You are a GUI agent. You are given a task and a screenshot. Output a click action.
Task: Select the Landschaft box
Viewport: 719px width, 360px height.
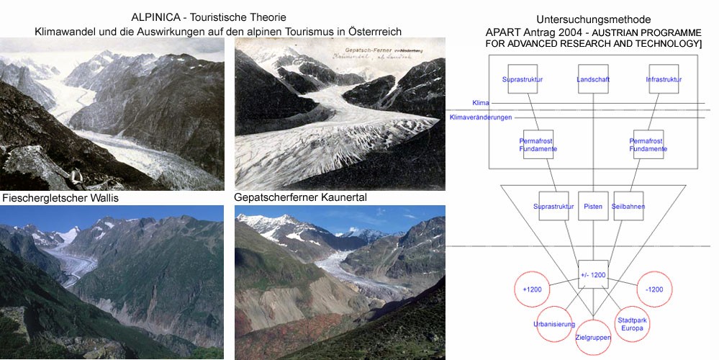pyautogui.click(x=593, y=80)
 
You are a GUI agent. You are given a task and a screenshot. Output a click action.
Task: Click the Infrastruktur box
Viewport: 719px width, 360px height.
pyautogui.click(x=663, y=80)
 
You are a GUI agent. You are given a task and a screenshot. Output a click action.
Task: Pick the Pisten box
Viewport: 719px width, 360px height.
pyautogui.click(x=593, y=207)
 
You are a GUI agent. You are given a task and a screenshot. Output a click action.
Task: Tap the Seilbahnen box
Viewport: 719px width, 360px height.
pyautogui.click(x=628, y=207)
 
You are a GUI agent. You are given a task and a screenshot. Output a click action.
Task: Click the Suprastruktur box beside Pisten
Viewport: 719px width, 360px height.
pyautogui.click(x=553, y=207)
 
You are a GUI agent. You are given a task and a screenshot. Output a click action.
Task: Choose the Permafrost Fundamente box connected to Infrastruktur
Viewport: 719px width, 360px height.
pyautogui.click(x=648, y=145)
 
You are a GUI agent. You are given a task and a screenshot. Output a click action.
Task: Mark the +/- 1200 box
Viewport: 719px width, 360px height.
pyautogui.click(x=593, y=274)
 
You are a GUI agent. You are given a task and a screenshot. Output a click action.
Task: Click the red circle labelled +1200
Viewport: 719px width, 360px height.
pyautogui.click(x=532, y=289)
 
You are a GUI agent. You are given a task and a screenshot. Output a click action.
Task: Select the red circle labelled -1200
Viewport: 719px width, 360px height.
pyautogui.click(x=654, y=289)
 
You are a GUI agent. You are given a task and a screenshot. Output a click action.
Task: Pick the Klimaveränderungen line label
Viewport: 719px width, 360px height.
pyautogui.click(x=480, y=117)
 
